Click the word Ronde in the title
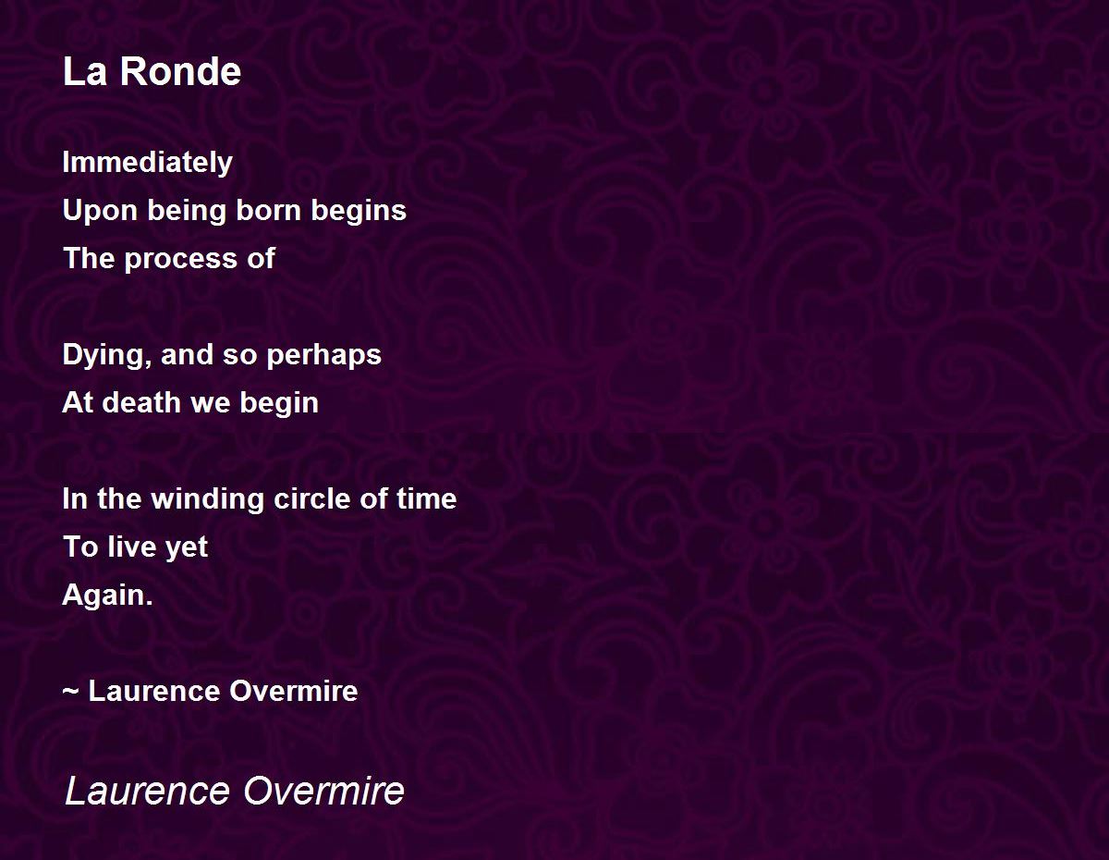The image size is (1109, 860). (x=180, y=71)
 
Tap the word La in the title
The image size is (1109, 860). (x=85, y=71)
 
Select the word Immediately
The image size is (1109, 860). (x=148, y=163)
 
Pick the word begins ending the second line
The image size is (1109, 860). (x=359, y=211)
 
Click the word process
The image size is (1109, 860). (x=180, y=259)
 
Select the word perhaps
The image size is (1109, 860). (x=323, y=355)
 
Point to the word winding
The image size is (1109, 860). (x=207, y=499)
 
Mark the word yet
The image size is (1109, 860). (x=187, y=548)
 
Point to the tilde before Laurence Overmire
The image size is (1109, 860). (x=70, y=692)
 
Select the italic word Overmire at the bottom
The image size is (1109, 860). (x=323, y=791)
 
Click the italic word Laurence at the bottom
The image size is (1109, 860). (x=148, y=791)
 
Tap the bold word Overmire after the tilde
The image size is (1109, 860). (x=294, y=691)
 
